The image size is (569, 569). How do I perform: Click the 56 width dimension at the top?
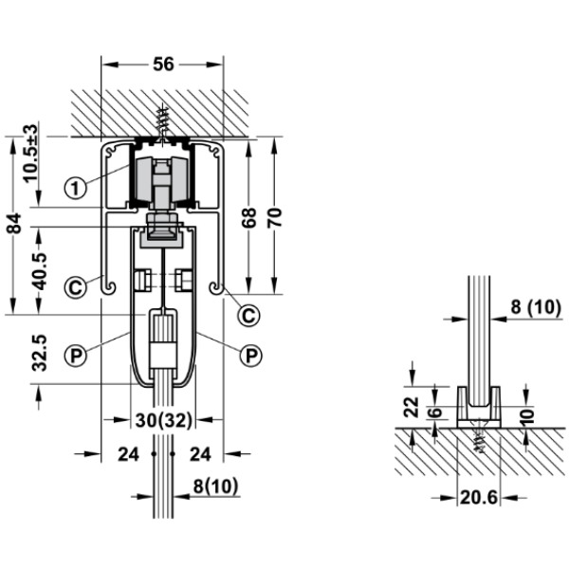[163, 64]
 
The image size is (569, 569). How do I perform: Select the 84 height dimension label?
[14, 223]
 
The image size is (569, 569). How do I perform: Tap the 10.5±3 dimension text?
[31, 154]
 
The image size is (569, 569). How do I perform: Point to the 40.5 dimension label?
[40, 271]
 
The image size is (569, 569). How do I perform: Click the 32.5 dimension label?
[40, 353]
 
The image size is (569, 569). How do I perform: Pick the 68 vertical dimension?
[248, 218]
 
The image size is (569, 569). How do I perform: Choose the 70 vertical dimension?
[275, 218]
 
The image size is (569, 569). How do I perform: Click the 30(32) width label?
[163, 420]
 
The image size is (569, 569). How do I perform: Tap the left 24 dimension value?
[128, 454]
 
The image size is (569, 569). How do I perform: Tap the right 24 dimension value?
[200, 454]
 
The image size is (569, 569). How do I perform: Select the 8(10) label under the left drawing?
[215, 486]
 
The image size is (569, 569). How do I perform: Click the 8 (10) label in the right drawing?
[536, 307]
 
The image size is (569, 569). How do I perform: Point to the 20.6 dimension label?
[479, 498]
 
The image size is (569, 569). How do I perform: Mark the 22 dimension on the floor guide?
[412, 407]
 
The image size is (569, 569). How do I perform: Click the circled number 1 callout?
[75, 189]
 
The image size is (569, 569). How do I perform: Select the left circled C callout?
[75, 287]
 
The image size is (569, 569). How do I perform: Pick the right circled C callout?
[248, 315]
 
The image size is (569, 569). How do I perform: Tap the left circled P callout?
[75, 355]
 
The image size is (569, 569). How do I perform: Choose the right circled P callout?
[251, 355]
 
